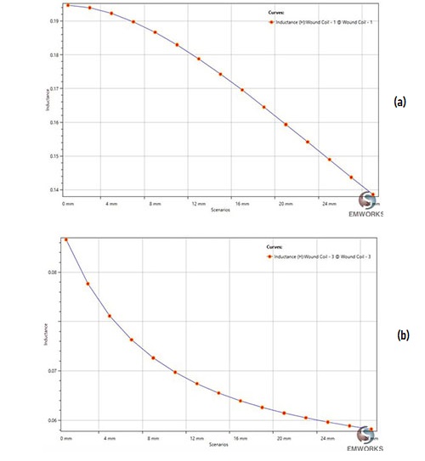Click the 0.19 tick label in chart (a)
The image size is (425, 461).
54,21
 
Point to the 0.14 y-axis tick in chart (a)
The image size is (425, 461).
54,190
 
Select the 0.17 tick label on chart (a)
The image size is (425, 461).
54,88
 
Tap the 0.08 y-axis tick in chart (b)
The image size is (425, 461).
54,273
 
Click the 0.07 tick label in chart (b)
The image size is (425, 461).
54,371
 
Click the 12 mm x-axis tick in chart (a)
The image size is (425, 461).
197,205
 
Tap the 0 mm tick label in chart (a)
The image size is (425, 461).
66,205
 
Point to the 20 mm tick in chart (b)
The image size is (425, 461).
285,439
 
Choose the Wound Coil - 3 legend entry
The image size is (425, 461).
320,256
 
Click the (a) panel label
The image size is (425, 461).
401,100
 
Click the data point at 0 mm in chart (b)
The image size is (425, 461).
66,240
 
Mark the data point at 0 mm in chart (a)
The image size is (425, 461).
66,6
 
